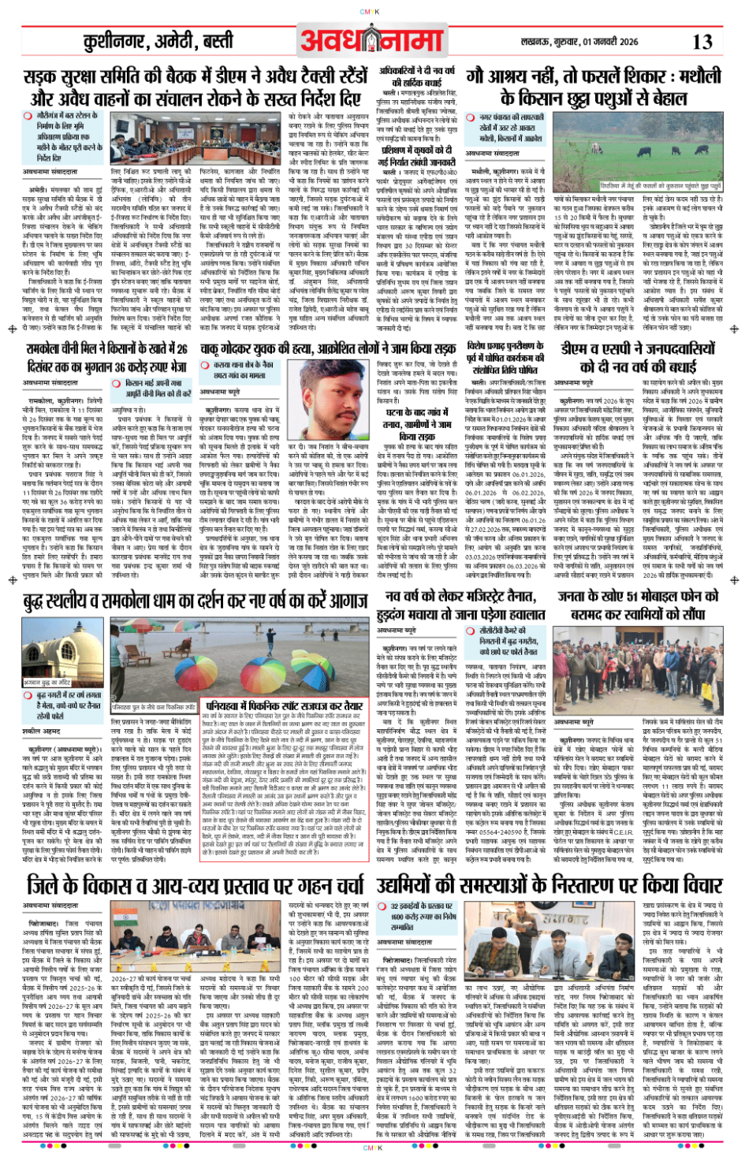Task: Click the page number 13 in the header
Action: coord(702,42)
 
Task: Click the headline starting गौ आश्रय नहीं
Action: coord(593,87)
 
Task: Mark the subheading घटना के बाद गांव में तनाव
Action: coord(416,424)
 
